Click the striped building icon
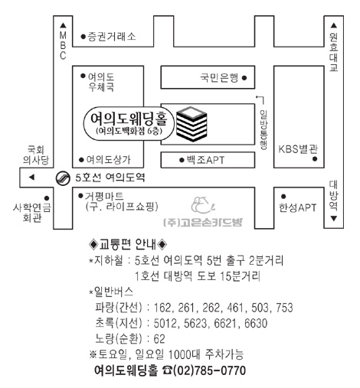click(x=191, y=124)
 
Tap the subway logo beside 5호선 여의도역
click(x=63, y=178)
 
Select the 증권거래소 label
click(x=112, y=37)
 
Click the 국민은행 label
click(x=219, y=77)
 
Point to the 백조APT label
click(x=205, y=160)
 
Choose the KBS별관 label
click(x=298, y=149)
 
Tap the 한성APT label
click(x=297, y=207)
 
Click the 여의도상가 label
click(x=109, y=160)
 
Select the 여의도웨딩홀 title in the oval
click(x=129, y=119)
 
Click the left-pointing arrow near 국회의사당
click(x=31, y=177)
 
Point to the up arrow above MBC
click(x=63, y=25)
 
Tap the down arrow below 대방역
click(x=334, y=218)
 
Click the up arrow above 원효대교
click(x=334, y=25)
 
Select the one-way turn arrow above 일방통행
click(x=260, y=98)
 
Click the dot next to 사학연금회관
click(x=47, y=198)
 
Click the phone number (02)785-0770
click(x=209, y=370)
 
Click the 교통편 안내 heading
click(x=128, y=244)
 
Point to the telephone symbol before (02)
click(x=167, y=370)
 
